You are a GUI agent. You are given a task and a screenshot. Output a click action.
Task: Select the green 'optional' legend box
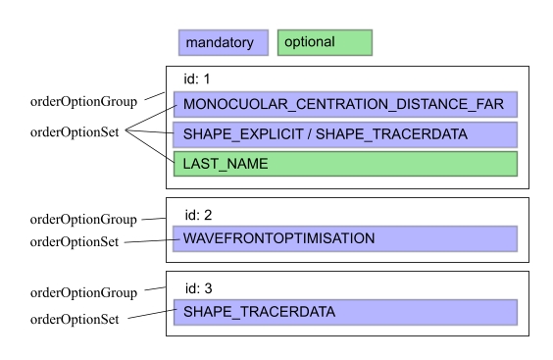[x=325, y=43]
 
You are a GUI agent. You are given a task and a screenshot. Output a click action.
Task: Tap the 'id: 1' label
[x=199, y=78]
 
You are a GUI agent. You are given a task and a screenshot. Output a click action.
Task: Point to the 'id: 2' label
[x=199, y=212]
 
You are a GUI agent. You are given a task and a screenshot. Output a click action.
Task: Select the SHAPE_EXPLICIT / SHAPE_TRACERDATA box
[x=345, y=133]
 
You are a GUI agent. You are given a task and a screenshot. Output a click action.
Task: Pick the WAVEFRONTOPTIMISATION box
[x=345, y=238]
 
